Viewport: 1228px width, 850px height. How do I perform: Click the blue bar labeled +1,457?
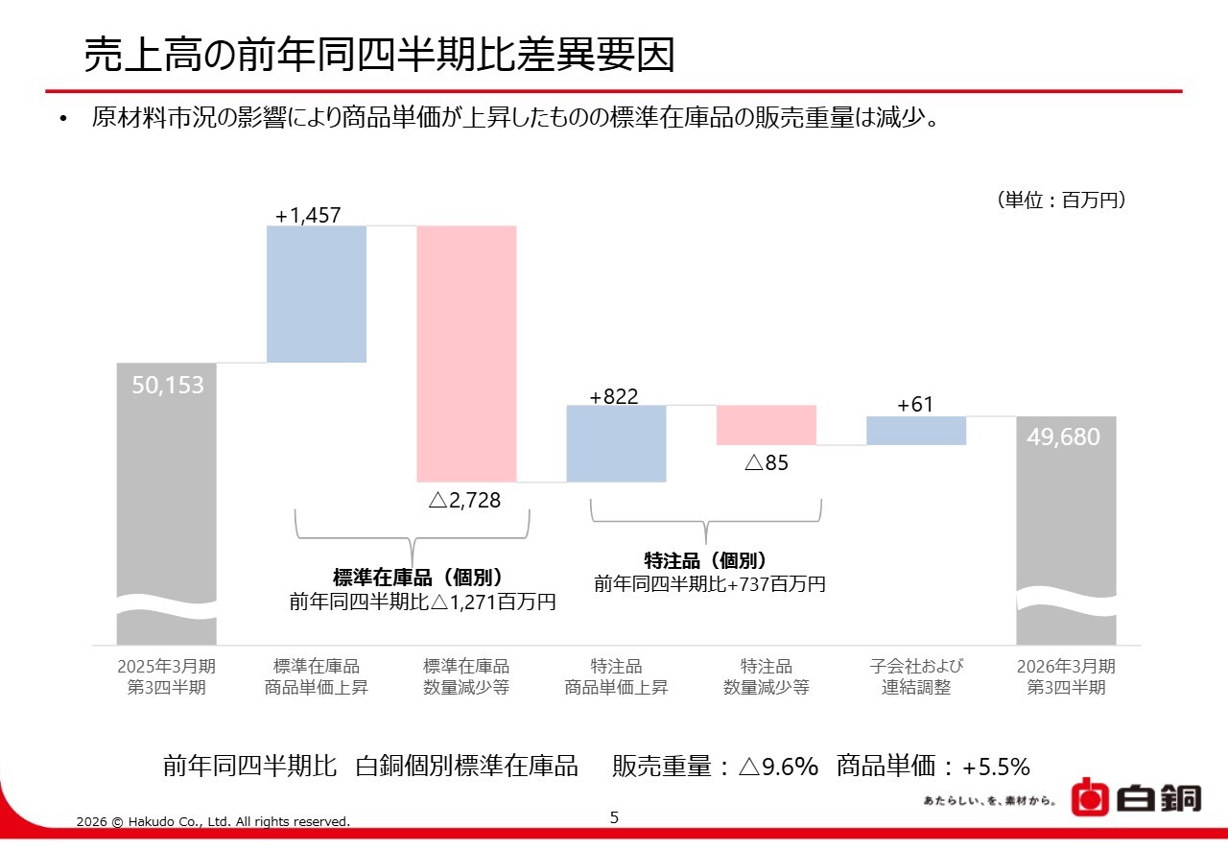pyautogui.click(x=317, y=294)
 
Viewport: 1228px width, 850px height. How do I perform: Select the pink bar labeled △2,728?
pyautogui.click(x=466, y=353)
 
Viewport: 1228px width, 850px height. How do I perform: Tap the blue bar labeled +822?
pyautogui.click(x=616, y=443)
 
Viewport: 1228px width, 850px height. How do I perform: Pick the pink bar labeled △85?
pyautogui.click(x=766, y=425)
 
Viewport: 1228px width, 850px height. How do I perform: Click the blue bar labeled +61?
pyautogui.click(x=915, y=431)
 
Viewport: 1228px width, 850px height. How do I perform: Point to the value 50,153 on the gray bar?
pyautogui.click(x=168, y=386)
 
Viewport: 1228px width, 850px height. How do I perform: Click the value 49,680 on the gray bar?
pyautogui.click(x=1063, y=437)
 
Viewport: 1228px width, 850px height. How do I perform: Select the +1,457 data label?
pyautogui.click(x=308, y=216)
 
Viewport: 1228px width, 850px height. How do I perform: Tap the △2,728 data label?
pyautogui.click(x=464, y=500)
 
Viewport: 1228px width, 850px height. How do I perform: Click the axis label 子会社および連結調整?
pyautogui.click(x=916, y=676)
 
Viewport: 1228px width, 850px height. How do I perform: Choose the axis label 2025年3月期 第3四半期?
pyautogui.click(x=166, y=676)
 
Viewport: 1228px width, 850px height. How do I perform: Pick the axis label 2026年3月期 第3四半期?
pyautogui.click(x=1066, y=676)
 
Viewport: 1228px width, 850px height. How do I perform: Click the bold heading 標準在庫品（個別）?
pyautogui.click(x=417, y=578)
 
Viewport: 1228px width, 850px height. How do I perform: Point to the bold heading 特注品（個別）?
pyautogui.click(x=706, y=561)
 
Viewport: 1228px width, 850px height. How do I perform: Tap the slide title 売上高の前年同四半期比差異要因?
pyautogui.click(x=379, y=56)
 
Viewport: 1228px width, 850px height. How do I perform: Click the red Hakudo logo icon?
pyautogui.click(x=1090, y=796)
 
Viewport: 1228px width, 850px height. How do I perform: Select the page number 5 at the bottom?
pyautogui.click(x=614, y=817)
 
